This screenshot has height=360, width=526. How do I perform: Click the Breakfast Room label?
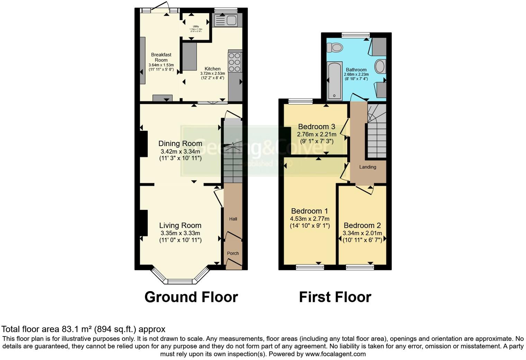(x=161, y=57)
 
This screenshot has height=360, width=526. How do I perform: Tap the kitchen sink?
(x=225, y=21)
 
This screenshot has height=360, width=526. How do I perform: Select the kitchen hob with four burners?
(x=235, y=62)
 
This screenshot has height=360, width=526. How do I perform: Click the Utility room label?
(x=196, y=26)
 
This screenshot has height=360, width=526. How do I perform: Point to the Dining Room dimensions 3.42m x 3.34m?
(x=180, y=152)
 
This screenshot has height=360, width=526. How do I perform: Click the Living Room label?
(x=180, y=226)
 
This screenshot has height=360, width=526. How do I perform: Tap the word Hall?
(x=233, y=219)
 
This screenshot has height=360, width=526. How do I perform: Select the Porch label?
(x=233, y=253)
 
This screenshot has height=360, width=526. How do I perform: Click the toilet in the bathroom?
(x=334, y=47)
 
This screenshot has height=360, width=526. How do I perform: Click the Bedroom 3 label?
(x=316, y=126)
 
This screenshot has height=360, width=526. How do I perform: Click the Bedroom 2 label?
(x=362, y=225)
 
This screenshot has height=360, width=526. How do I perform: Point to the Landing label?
(x=368, y=167)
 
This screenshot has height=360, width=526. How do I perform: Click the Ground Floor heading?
(x=191, y=297)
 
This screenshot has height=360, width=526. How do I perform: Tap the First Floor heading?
(x=335, y=297)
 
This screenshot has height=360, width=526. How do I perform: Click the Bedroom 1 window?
(x=310, y=267)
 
